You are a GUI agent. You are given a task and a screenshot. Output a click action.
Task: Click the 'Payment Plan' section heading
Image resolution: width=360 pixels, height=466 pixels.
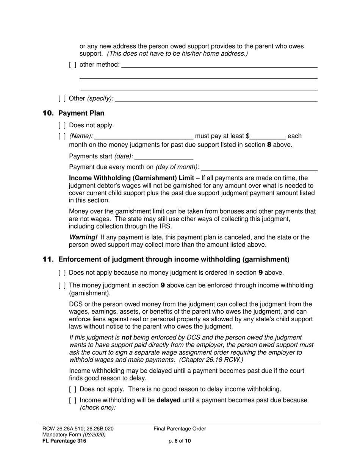(x=81, y=113)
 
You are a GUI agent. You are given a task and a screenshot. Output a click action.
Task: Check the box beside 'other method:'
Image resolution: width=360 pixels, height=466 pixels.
(x=72, y=65)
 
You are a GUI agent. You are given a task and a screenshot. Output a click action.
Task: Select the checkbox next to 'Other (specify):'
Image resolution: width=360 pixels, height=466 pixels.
(x=62, y=99)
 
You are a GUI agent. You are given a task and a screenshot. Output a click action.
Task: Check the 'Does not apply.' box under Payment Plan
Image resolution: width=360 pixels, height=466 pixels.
(x=62, y=125)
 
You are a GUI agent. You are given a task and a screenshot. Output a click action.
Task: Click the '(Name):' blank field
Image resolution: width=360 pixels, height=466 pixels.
(x=144, y=136)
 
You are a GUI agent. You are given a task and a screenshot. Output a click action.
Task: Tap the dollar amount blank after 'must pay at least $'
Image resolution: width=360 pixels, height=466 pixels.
(x=268, y=136)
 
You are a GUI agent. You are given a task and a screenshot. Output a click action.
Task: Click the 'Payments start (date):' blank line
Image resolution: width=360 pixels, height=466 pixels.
(x=164, y=156)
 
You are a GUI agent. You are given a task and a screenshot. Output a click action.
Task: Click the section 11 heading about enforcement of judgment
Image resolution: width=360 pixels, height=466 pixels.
(x=174, y=260)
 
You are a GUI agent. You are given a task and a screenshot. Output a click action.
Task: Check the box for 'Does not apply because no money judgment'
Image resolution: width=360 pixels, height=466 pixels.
(x=62, y=273)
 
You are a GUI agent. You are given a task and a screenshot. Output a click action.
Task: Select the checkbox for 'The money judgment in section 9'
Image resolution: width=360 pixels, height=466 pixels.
(x=62, y=286)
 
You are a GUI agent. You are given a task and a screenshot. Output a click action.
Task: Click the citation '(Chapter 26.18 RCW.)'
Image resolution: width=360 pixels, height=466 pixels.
(x=212, y=360)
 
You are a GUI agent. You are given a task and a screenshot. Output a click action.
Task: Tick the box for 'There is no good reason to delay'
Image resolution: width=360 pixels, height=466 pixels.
(x=73, y=389)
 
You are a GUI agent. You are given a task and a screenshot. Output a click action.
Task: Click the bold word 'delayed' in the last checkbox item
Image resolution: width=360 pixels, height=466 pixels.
(x=168, y=400)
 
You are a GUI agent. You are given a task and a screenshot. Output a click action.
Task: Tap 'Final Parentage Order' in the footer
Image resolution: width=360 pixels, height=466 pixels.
(x=180, y=429)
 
